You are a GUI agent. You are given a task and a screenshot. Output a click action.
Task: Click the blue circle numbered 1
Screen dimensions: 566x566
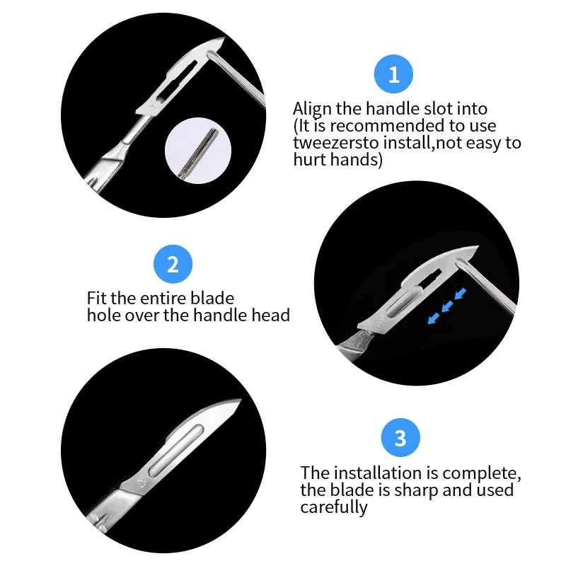[394, 74]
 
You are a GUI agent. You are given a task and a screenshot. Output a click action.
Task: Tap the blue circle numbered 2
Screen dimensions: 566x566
[173, 265]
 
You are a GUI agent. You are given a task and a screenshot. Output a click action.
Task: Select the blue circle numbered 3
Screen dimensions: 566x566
[400, 438]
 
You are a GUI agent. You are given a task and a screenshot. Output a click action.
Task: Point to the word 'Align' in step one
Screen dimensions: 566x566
[312, 109]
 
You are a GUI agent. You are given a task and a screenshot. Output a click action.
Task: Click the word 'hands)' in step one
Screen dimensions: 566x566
[358, 160]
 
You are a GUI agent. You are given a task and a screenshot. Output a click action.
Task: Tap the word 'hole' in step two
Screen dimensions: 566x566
[104, 315]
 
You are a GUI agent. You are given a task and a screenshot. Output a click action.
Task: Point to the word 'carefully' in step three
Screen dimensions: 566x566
[334, 507]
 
